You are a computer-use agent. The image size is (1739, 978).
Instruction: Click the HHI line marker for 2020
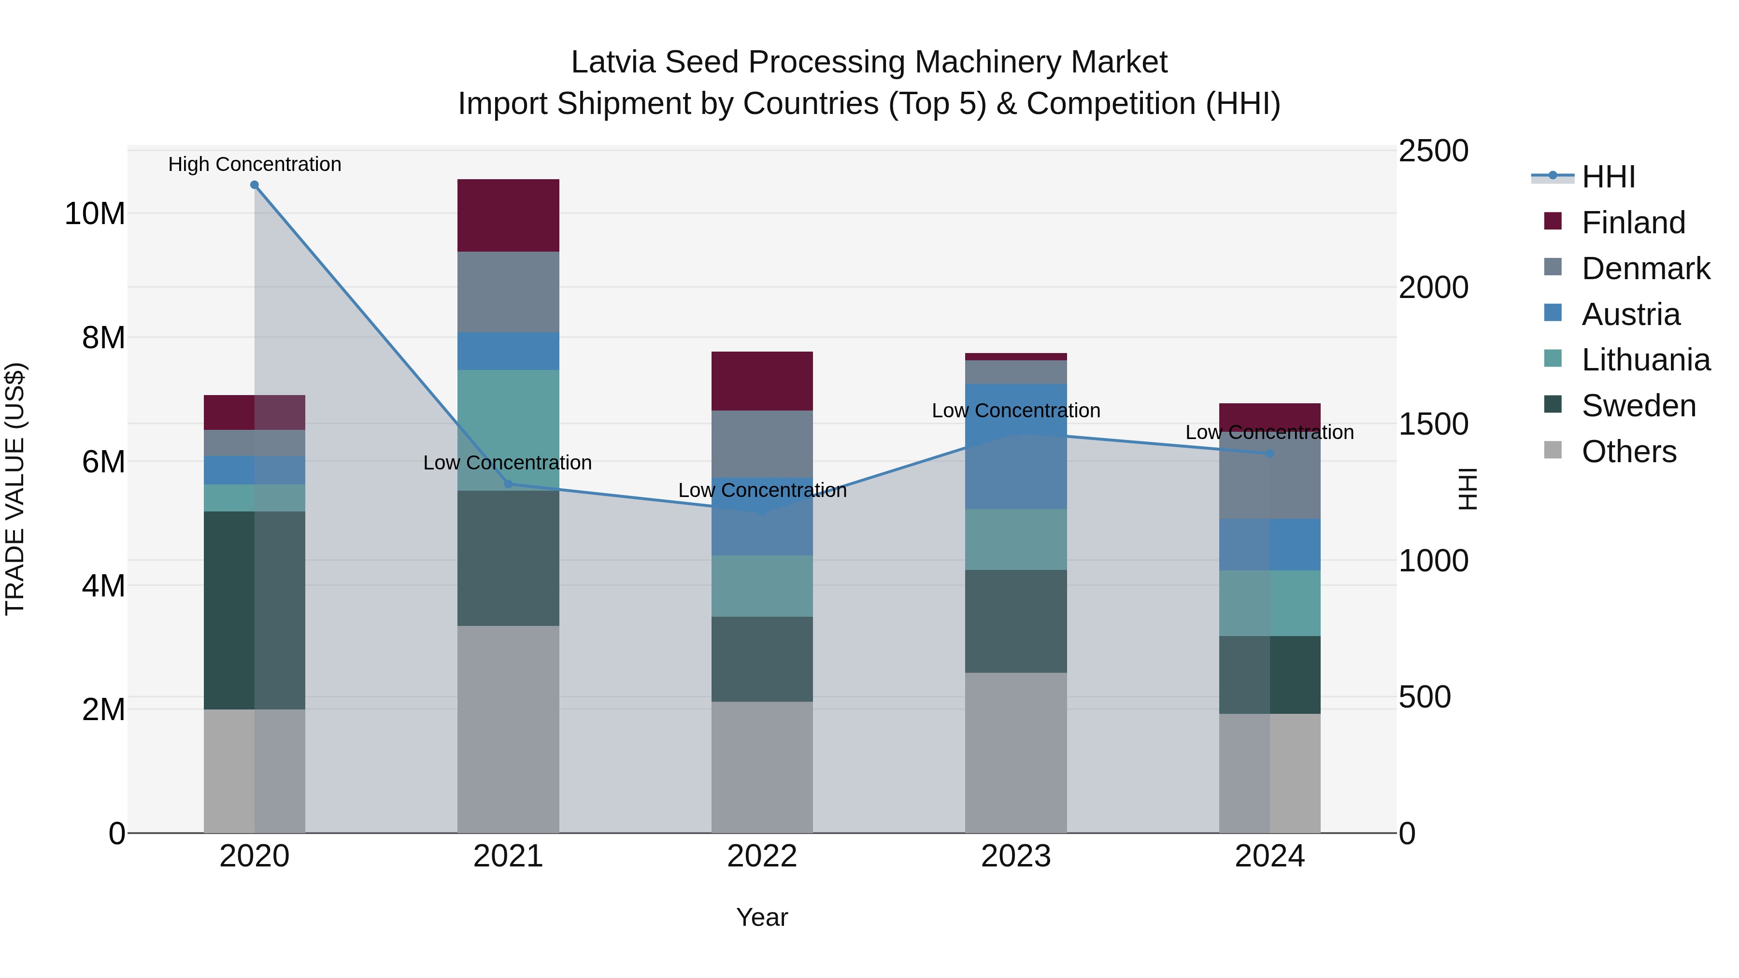point(255,185)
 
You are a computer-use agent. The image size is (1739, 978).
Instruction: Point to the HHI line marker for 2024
point(1270,454)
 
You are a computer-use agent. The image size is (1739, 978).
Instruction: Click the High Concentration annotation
point(255,164)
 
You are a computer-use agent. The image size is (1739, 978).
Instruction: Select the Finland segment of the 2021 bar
point(508,215)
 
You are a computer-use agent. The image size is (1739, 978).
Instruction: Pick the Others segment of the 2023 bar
point(1016,752)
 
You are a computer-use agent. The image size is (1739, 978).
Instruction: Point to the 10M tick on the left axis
point(95,214)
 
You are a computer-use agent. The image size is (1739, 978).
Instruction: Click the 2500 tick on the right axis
point(1433,151)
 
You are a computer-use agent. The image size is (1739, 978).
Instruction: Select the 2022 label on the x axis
point(762,856)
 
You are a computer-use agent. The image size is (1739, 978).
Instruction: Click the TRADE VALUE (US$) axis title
point(15,489)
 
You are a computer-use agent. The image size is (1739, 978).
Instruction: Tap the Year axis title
point(762,917)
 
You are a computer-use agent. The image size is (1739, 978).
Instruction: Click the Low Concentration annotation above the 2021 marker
point(508,463)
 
